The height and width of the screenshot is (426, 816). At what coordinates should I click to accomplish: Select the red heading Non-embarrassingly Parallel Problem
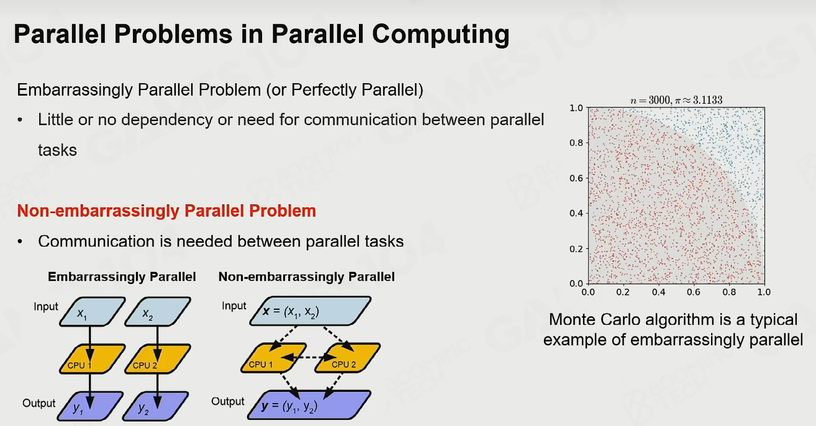pos(166,211)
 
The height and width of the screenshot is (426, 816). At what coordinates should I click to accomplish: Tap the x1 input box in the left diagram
pos(92,312)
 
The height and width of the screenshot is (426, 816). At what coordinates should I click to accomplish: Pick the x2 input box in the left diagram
pos(157,312)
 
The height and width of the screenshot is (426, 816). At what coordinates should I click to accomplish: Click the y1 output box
pos(90,406)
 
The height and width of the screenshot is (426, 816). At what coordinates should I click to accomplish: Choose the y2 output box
pos(155,406)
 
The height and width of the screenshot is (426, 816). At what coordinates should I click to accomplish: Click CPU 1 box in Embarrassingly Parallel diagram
pos(92,359)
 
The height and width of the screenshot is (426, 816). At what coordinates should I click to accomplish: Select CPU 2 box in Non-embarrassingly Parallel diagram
pos(348,358)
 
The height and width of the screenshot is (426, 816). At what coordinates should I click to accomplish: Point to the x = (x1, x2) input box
pos(311,311)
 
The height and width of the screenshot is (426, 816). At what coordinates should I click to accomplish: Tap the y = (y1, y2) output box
pos(309,404)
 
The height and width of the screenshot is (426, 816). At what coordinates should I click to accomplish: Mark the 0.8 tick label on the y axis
pos(576,143)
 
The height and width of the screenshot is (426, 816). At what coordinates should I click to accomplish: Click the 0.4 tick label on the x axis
pos(658,292)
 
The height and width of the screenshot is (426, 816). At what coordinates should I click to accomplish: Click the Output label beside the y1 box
pos(39,403)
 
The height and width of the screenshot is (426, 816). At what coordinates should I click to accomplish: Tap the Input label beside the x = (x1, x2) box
pos(234,306)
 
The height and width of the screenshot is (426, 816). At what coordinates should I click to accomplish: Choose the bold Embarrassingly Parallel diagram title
pos(122,277)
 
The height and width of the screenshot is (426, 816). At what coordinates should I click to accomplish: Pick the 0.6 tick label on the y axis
pos(576,178)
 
